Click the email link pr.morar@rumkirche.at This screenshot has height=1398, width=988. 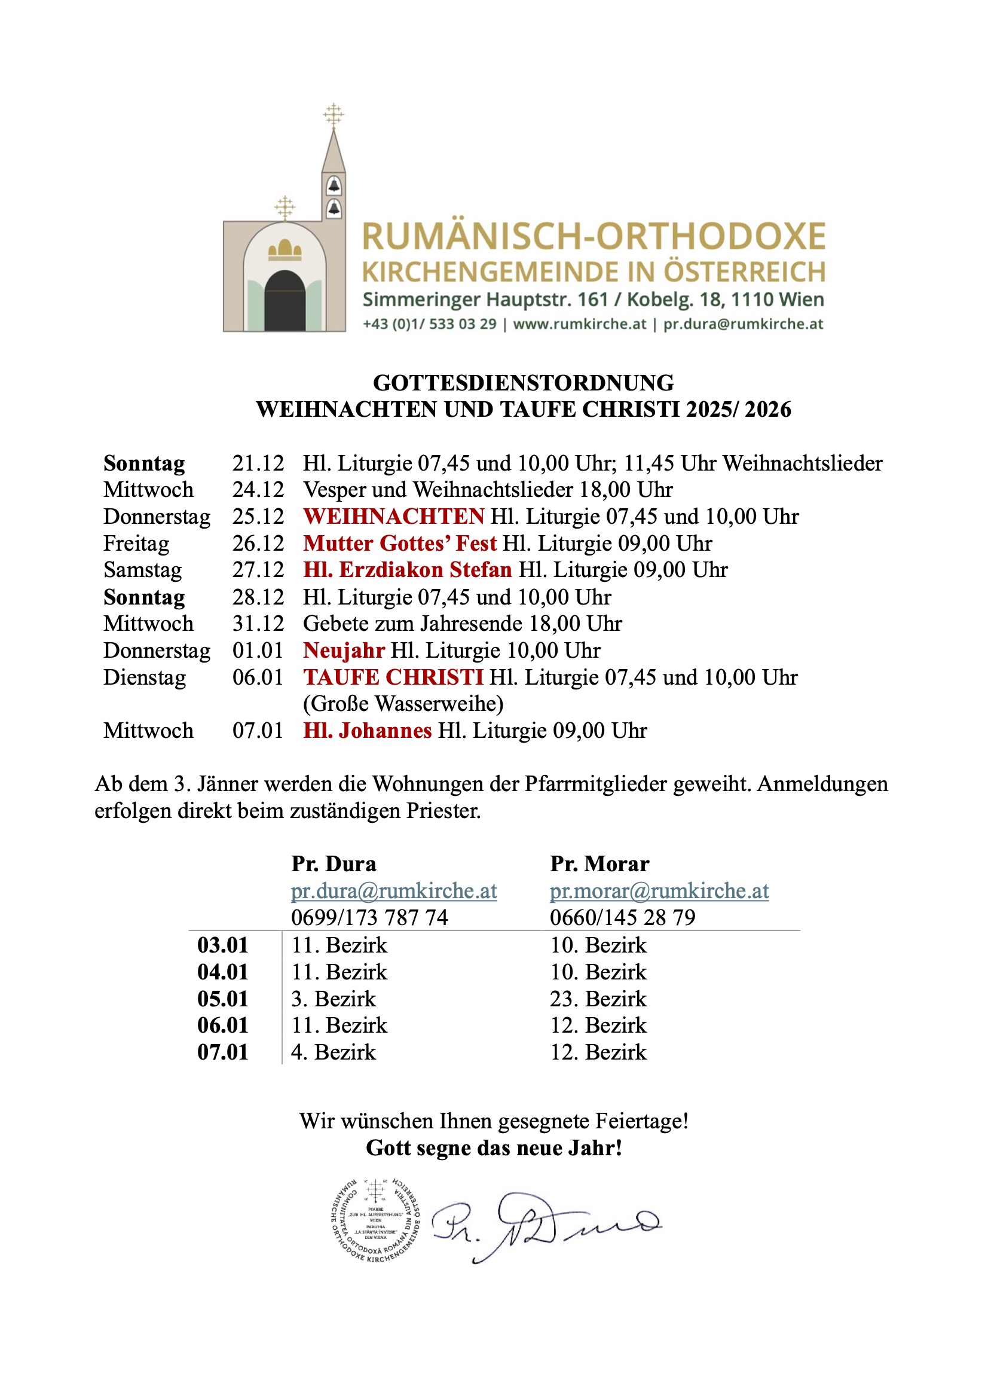(659, 891)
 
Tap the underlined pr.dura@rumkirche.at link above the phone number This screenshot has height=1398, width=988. (394, 891)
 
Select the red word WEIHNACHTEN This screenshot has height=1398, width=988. (394, 517)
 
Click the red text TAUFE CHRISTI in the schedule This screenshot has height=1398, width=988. (393, 677)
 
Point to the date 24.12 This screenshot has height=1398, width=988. (258, 490)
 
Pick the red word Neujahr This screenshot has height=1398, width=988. (344, 651)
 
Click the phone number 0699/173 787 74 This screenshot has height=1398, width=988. (369, 918)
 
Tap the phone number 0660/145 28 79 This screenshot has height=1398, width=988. (622, 918)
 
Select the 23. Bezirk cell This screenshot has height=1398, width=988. (598, 999)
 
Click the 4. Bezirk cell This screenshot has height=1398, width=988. (334, 1052)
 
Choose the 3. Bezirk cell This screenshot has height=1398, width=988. (334, 999)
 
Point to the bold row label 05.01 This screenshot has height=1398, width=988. (223, 999)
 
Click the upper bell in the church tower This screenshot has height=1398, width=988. (334, 185)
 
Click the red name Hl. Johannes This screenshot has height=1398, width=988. (368, 730)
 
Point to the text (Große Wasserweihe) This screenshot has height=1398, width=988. (403, 704)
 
